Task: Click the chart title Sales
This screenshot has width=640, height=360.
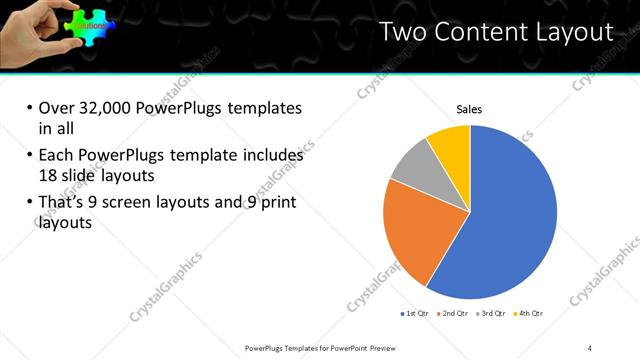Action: pos(470,109)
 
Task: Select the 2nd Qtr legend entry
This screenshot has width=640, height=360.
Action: pos(454,314)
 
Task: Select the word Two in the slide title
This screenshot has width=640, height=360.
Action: pos(405,33)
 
